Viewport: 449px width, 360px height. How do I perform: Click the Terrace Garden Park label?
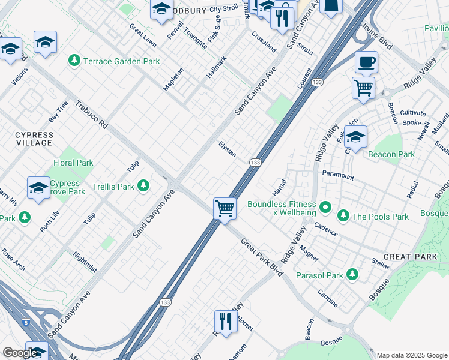pos(121,61)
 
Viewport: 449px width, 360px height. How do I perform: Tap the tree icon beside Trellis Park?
pos(143,187)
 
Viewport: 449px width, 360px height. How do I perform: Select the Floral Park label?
pos(73,163)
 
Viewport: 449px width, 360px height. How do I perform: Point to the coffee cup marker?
pos(366,62)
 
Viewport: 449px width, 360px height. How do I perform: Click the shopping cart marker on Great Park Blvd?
pos(224,209)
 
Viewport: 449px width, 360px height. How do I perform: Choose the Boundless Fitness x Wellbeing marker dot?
pos(325,207)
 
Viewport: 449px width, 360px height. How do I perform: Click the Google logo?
pos(20,353)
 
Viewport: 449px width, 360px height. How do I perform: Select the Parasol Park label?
pos(319,275)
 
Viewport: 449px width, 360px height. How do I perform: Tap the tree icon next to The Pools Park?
pos(343,215)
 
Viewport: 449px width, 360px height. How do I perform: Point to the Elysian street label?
pos(227,148)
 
